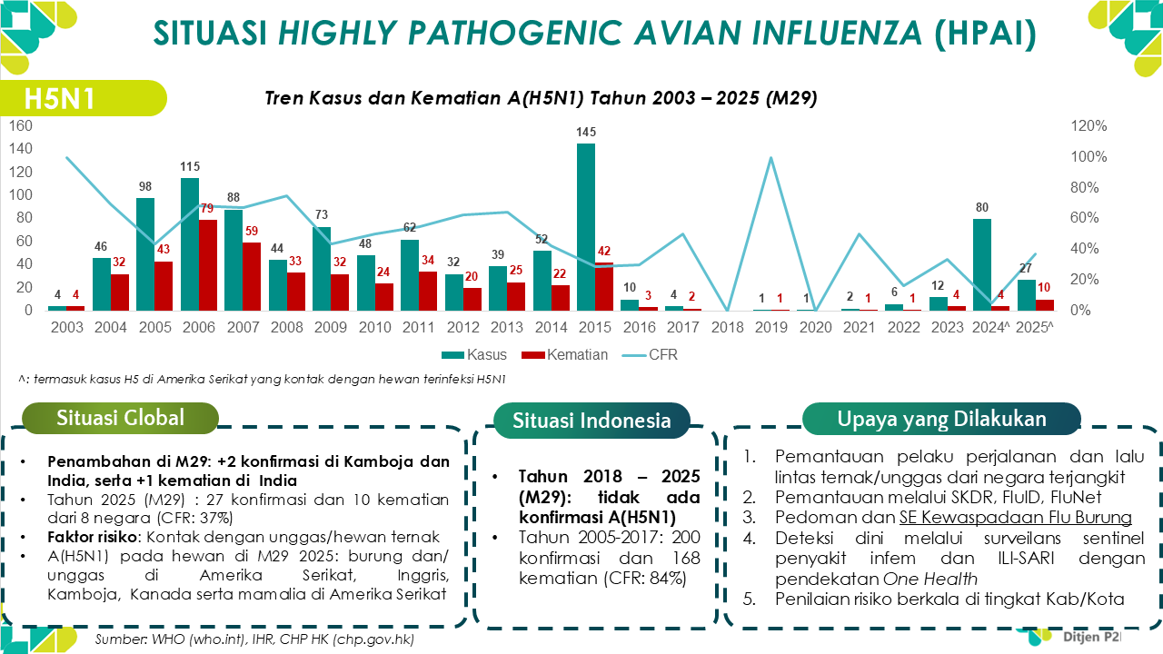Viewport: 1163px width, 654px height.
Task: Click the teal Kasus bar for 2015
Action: click(x=586, y=227)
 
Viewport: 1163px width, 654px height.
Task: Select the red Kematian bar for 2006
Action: click(x=208, y=265)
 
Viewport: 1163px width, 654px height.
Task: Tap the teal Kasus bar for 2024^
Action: click(x=981, y=264)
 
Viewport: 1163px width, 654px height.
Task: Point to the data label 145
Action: click(x=586, y=133)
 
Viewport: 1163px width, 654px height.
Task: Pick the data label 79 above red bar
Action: click(x=208, y=209)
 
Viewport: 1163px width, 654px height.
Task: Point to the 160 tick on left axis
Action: click(x=20, y=125)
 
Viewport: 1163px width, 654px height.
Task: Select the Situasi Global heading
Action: click(x=120, y=418)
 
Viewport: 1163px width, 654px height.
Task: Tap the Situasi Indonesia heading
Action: click(x=591, y=421)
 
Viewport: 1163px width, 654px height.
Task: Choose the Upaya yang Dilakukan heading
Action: click(x=941, y=419)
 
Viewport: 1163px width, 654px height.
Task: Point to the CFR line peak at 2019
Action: click(x=770, y=158)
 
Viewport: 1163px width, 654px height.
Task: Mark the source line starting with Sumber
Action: click(x=255, y=640)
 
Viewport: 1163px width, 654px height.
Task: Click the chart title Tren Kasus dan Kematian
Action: click(x=541, y=99)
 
